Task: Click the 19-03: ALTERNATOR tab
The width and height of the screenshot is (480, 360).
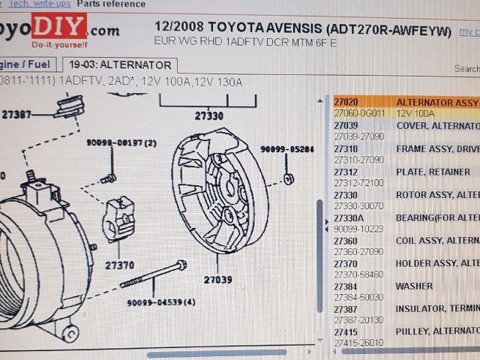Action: (x=121, y=65)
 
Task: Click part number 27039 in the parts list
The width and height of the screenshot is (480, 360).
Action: (x=346, y=125)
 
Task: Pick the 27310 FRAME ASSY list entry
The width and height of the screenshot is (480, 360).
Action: (x=346, y=148)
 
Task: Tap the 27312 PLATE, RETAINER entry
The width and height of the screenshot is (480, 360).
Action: (x=346, y=172)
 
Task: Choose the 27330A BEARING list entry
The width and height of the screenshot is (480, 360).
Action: (x=349, y=217)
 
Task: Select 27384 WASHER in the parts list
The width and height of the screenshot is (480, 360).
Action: (x=346, y=286)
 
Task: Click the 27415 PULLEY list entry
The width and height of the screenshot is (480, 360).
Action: (x=346, y=331)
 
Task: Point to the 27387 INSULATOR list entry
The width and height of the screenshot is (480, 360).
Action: (x=346, y=309)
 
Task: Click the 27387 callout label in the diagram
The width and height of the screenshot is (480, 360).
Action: (x=16, y=115)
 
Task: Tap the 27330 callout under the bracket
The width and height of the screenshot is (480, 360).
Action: (x=208, y=116)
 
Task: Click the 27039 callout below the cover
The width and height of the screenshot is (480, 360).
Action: (x=217, y=280)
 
